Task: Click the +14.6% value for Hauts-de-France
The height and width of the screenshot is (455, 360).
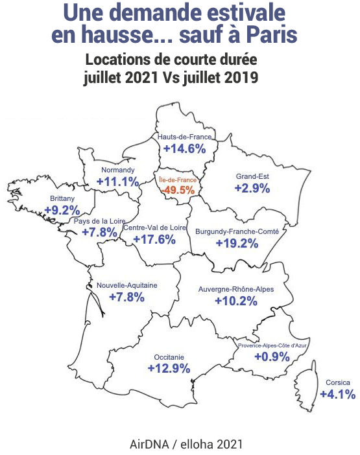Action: click(184, 148)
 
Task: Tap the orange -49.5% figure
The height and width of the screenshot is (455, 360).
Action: click(178, 190)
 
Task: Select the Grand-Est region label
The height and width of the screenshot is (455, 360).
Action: click(252, 176)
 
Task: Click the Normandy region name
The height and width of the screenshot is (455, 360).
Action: click(117, 170)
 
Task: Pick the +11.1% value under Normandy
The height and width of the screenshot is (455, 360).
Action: click(117, 181)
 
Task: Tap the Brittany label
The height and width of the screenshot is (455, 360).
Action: click(62, 198)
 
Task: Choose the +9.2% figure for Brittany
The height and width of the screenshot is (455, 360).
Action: click(62, 210)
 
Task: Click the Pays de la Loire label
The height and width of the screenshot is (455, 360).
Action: click(99, 222)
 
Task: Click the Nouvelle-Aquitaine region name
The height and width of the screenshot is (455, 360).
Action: click(127, 285)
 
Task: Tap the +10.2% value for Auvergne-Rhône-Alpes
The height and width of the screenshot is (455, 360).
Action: click(236, 301)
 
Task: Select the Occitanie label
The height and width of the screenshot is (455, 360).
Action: click(169, 356)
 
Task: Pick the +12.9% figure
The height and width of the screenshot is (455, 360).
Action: click(169, 368)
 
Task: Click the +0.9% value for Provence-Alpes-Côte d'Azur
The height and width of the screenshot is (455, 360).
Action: click(272, 356)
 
